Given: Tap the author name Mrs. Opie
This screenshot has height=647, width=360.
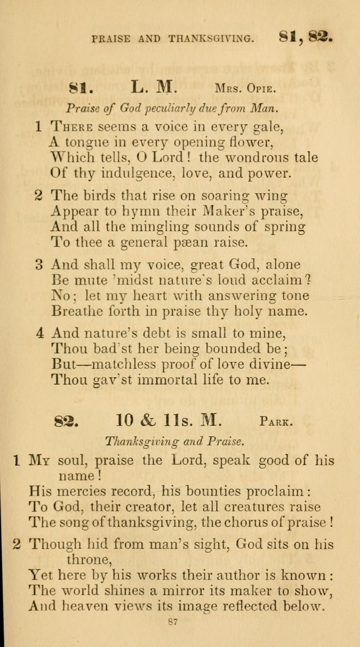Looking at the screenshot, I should coord(245,88).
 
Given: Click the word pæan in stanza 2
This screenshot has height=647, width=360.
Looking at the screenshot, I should coord(183,242).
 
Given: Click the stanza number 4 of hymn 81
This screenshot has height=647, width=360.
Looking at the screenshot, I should coord(40,333).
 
